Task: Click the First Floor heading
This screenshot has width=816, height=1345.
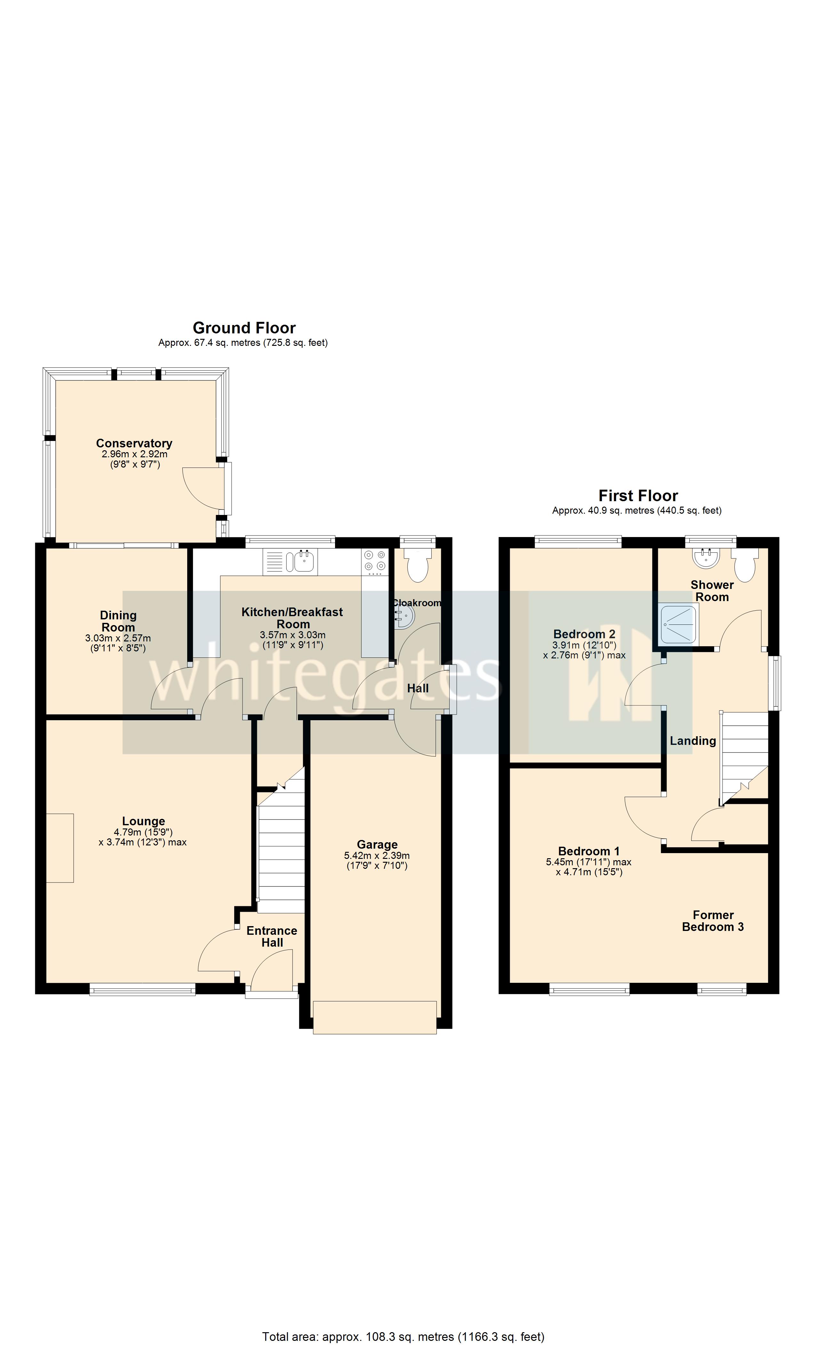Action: (638, 496)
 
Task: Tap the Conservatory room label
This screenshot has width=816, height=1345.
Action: (134, 443)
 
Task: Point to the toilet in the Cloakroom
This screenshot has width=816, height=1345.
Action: (419, 565)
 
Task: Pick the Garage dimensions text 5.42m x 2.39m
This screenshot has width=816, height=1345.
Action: (377, 856)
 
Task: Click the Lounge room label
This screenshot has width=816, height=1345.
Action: (143, 821)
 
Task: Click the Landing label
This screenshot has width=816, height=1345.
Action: (693, 741)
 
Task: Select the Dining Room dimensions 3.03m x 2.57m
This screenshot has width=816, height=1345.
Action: (118, 638)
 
